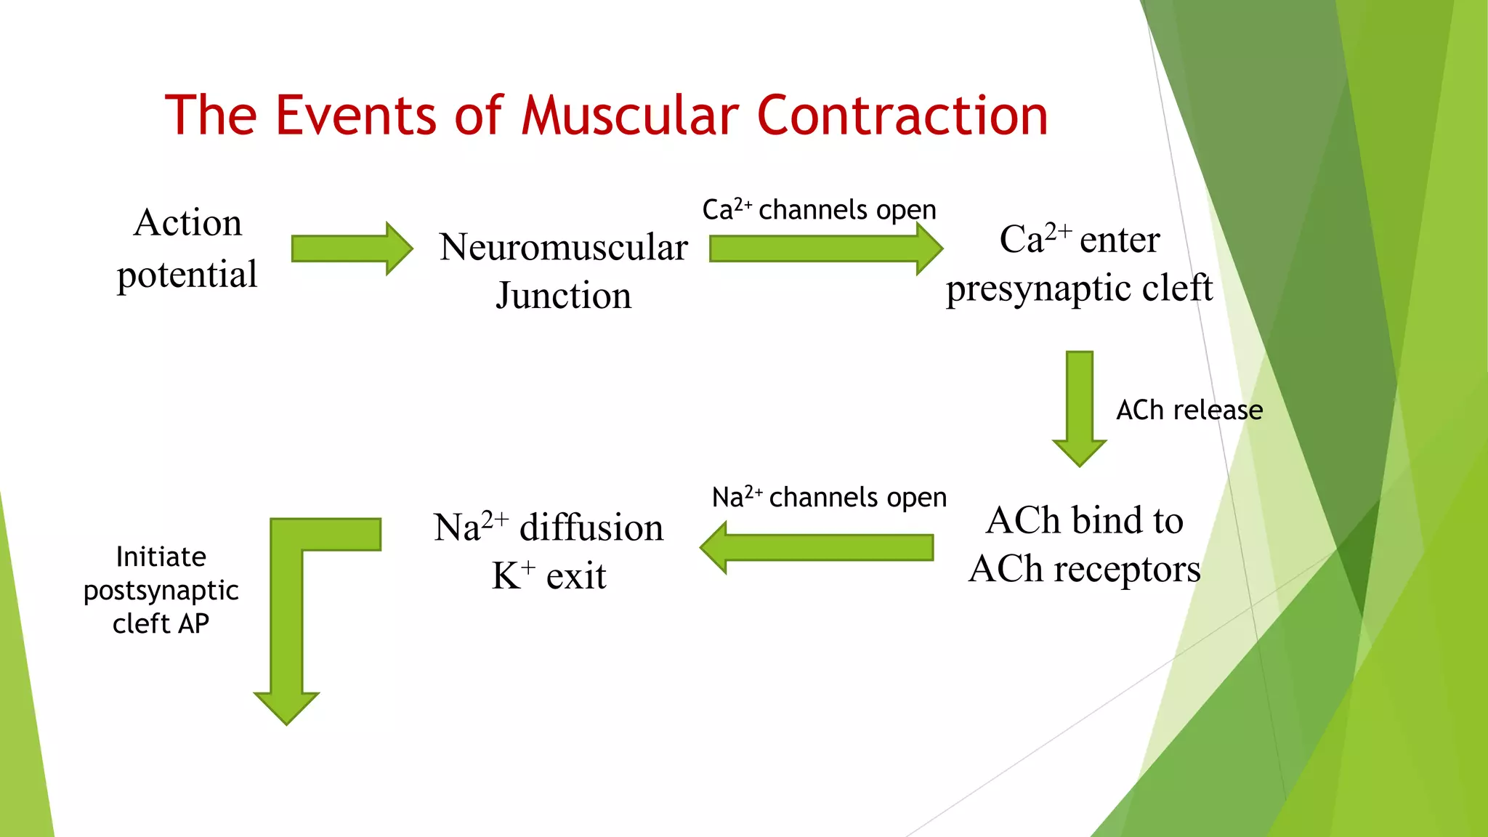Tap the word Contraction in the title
pos(902,116)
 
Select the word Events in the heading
pos(356,116)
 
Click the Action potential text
pos(187,248)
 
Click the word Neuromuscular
pos(563,247)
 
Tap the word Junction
pos(563,296)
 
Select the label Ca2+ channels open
pos(819,210)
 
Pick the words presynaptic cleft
pos(1079,288)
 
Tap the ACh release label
pos(1189,411)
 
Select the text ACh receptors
pos(1084,569)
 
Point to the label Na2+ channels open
pos(829,498)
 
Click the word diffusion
pos(591,527)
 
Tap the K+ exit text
pos(549,576)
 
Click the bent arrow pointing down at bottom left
pos(287,618)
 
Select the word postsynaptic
pos(161,591)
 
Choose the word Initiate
pos(161,557)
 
